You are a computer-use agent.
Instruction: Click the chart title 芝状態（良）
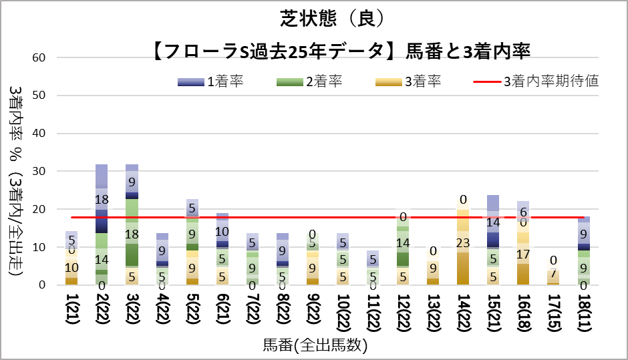pos(332,19)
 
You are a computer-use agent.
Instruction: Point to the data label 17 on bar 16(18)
pos(524,254)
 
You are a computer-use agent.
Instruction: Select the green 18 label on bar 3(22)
pos(132,234)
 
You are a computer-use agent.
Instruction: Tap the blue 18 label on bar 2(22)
pos(102,199)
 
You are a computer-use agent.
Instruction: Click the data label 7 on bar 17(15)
pos(554,273)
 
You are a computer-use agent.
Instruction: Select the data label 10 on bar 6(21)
pos(222,232)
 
